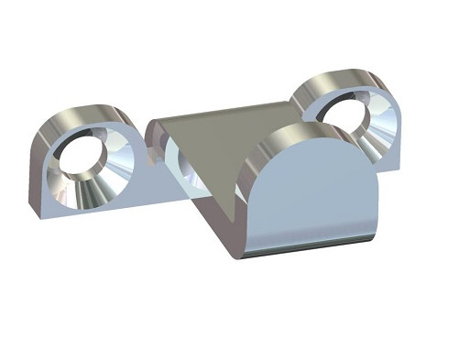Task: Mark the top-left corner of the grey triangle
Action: coord(150,120)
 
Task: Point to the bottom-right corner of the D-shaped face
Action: coord(375,235)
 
